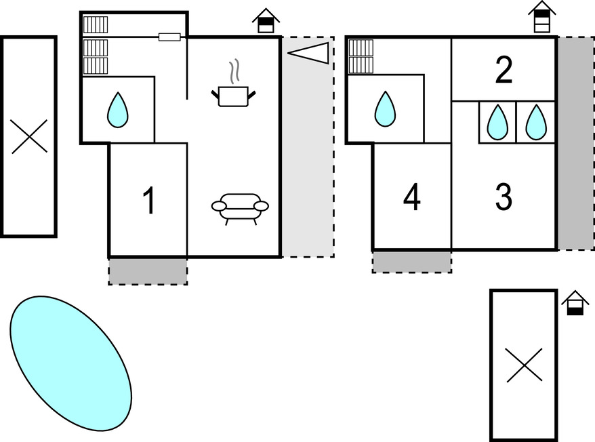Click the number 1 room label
tap(148, 201)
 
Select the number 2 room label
tap(504, 71)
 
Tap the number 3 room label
tap(504, 197)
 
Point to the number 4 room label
tap(412, 197)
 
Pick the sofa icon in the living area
tap(240, 206)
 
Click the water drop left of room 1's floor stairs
tap(118, 110)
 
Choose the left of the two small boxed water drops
tap(498, 122)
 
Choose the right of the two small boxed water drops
tap(537, 122)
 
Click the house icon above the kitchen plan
tap(266, 21)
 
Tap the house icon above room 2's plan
tap(542, 17)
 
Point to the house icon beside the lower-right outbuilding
tap(575, 304)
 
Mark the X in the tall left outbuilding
tap(29, 136)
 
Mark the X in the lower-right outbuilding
tap(525, 365)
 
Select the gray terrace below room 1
tap(148, 271)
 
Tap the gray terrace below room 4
tap(412, 261)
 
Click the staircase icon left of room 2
tap(361, 56)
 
